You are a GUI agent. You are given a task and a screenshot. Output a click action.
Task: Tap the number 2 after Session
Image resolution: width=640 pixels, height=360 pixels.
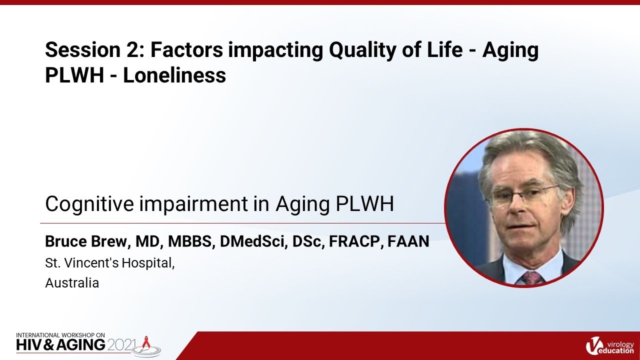pos(129,51)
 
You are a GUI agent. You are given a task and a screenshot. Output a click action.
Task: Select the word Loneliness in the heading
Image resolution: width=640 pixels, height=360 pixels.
pos(174,75)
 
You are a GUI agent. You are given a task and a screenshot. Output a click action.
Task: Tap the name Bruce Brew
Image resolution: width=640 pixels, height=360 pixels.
pos(86,242)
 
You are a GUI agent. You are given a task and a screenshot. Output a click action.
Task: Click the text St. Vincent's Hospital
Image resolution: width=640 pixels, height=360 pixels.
pos(109,263)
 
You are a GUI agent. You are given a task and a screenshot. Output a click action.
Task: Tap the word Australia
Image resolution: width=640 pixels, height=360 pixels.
pos(72,283)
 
